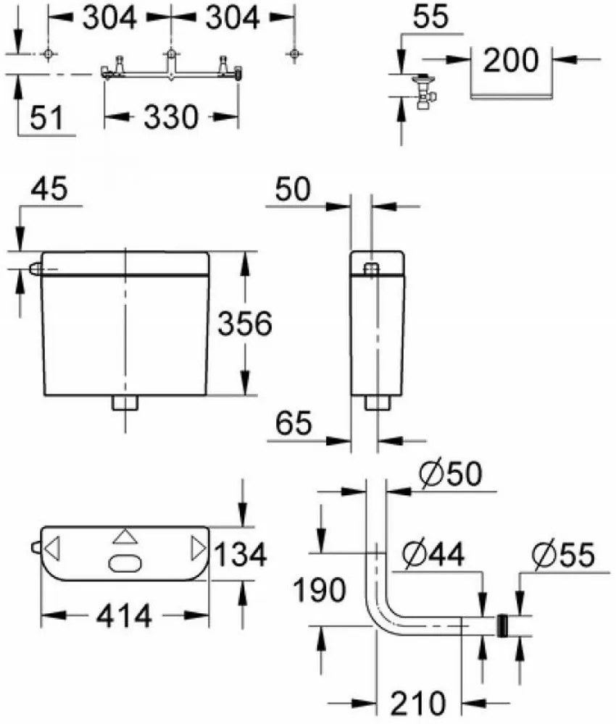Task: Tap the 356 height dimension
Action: [245, 324]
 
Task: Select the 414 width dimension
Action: [126, 617]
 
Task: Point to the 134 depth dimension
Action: [242, 555]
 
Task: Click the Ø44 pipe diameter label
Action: [434, 555]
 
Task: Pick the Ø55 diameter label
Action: [562, 556]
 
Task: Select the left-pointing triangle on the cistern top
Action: [51, 548]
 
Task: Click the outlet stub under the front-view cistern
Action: [125, 403]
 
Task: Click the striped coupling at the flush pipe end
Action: [501, 626]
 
